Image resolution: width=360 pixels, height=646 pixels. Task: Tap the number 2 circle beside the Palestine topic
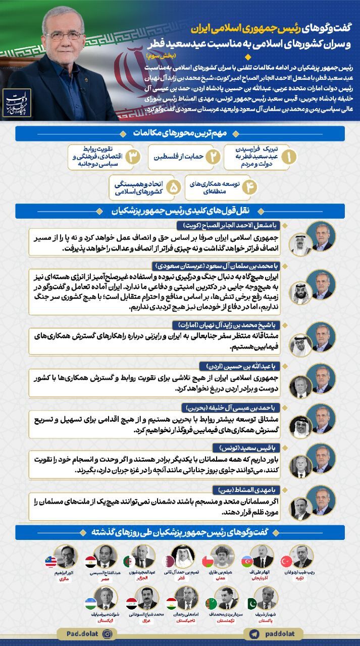click(213, 157)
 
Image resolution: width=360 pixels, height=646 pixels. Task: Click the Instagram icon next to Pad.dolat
click(107, 633)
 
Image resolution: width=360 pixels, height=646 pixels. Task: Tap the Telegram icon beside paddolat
click(253, 633)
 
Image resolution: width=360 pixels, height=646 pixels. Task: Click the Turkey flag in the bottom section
click(286, 561)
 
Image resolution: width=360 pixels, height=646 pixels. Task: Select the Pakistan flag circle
click(251, 604)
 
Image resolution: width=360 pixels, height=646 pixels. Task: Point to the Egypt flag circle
click(88, 561)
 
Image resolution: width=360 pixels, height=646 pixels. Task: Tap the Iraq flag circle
click(130, 604)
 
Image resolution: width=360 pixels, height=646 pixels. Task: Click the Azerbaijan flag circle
click(247, 561)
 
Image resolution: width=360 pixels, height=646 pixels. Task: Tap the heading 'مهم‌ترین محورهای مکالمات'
click(180, 133)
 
